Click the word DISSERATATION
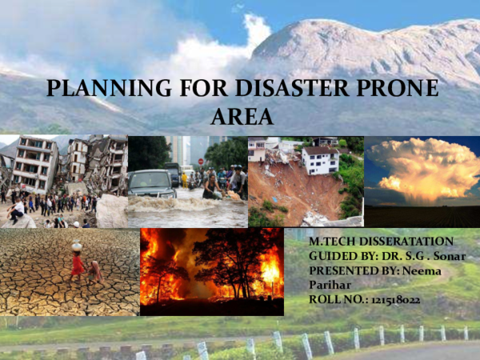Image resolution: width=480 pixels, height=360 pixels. coord(397,241)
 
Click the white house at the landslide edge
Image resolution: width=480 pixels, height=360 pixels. coord(321,160)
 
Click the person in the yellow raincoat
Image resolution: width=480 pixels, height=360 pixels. coord(184,178)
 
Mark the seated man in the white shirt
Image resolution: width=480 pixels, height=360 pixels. coord(18,210)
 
